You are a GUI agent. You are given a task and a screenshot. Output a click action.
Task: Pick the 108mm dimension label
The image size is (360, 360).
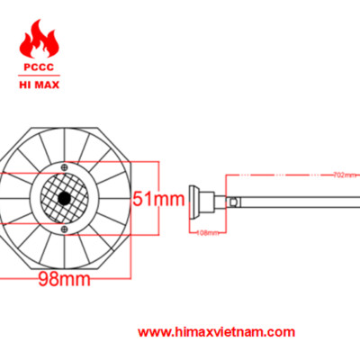(208, 231)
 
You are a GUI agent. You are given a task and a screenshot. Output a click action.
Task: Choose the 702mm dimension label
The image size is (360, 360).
(342, 174)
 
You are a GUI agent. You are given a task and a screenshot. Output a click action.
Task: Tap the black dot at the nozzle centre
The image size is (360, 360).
(66, 197)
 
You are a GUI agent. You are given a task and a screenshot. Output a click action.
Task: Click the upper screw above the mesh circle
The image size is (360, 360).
(66, 167)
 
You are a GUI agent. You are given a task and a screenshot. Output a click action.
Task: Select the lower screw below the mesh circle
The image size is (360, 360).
(66, 227)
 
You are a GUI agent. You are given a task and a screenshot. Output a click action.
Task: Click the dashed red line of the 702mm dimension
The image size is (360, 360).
(288, 173)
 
